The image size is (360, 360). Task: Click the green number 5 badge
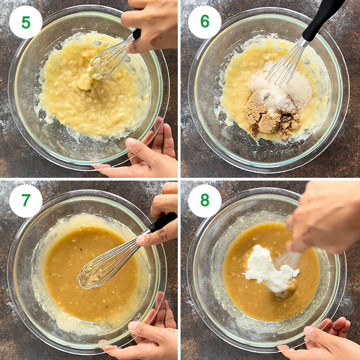26,22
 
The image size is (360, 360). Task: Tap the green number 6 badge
205,22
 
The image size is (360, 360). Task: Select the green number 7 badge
26,201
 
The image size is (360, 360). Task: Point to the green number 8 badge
205,201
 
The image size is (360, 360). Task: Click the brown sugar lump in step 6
266,117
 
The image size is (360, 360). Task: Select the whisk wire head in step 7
101,270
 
